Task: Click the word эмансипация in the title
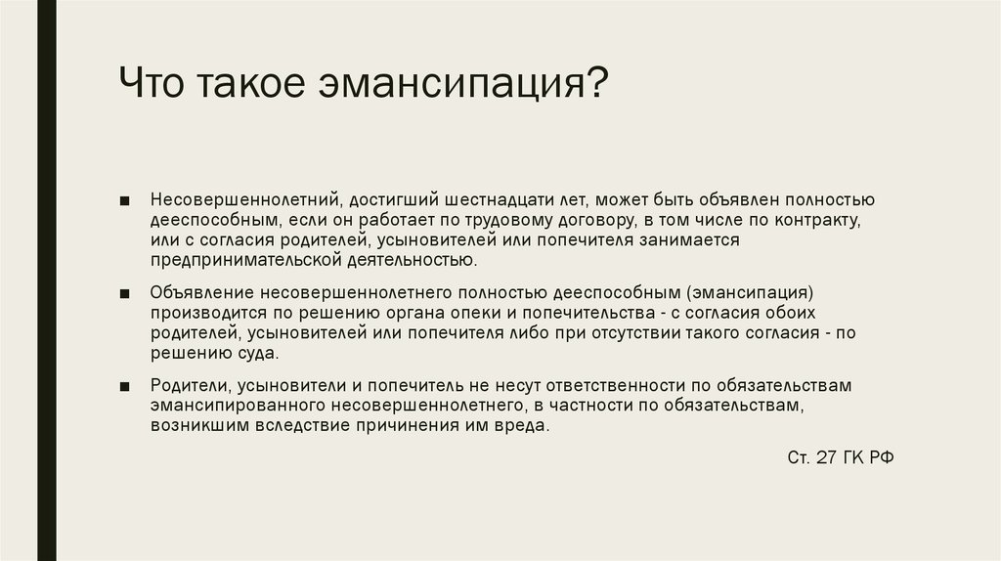click(462, 83)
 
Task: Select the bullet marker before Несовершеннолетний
click(124, 200)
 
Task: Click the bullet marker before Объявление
click(124, 293)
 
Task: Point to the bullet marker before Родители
click(124, 386)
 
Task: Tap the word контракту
click(818, 220)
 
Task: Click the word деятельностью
click(413, 260)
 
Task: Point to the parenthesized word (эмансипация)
click(750, 293)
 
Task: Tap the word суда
click(258, 354)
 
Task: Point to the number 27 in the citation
click(826, 457)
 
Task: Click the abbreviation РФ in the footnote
click(881, 457)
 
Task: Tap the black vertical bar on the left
click(47, 280)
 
